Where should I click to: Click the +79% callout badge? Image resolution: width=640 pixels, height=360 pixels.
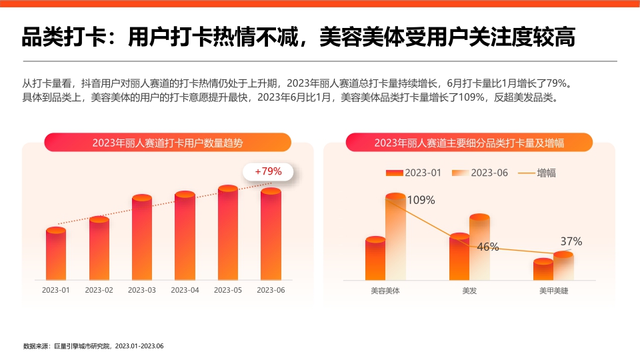(268, 171)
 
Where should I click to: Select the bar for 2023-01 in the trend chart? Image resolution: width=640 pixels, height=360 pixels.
(56, 255)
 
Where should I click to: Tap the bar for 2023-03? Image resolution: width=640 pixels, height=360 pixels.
(142, 239)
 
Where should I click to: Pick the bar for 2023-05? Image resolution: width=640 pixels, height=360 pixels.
(228, 233)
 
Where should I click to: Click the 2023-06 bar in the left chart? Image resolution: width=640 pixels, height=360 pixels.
(271, 235)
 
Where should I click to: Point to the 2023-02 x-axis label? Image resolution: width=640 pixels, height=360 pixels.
(99, 290)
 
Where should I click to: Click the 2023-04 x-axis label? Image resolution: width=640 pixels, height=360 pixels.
(185, 290)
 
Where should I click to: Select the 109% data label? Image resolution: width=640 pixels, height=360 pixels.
(421, 200)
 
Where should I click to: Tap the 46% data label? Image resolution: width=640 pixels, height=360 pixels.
(488, 247)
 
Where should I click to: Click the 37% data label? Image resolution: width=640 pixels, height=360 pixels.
(571, 241)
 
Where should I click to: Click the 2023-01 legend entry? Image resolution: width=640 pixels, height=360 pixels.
(413, 173)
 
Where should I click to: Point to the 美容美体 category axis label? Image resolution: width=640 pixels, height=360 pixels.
(385, 291)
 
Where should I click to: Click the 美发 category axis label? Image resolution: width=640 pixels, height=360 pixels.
(469, 291)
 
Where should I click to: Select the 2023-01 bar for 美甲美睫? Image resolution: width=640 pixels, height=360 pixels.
(543, 270)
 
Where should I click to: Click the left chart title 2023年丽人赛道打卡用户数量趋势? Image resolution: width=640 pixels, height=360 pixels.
(167, 143)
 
